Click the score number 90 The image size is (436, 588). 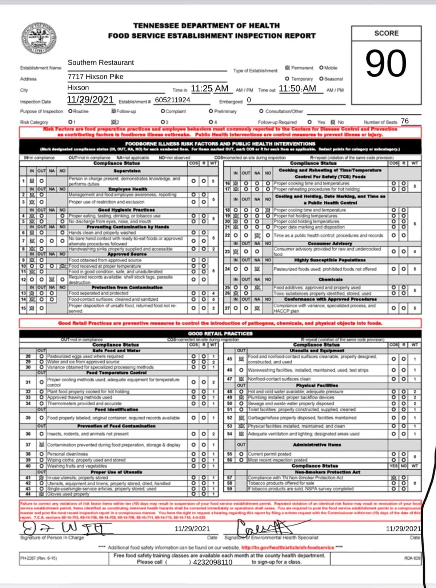pos(386,64)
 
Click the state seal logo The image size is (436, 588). pos(39,39)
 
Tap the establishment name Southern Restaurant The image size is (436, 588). pos(101,62)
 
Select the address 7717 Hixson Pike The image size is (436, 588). pos(95,77)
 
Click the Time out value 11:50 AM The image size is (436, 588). pos(297,89)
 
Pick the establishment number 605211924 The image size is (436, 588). pos(172,100)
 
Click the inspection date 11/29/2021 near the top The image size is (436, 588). pos(90,100)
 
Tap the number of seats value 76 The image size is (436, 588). pos(404,121)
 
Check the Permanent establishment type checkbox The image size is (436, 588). pos(288,68)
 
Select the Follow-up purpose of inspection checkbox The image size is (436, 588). pos(113,111)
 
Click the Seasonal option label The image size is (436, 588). pos(333,79)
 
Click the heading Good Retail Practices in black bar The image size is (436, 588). pos(220,333)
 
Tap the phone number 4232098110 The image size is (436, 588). pos(213,562)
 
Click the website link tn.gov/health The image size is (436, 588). pos(288,547)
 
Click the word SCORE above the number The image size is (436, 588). pos(386,33)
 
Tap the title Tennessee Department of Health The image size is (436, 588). pos(207,26)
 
